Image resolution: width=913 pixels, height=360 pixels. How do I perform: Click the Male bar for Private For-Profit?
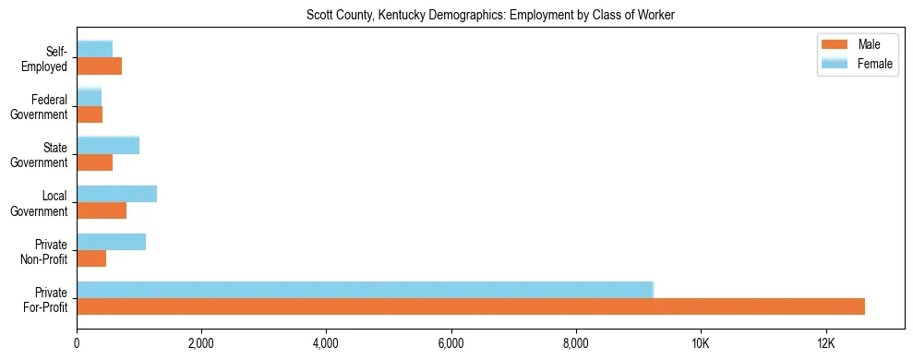471,306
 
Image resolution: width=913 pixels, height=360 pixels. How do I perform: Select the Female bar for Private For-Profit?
365,289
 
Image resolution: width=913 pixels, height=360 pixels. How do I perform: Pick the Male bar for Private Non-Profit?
91,258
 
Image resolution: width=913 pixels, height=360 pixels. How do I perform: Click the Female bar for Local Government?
116,194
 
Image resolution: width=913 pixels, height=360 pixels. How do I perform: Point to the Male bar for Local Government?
102,210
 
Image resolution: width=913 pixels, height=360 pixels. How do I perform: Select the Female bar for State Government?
108,145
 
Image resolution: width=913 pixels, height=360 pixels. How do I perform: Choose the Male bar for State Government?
94,162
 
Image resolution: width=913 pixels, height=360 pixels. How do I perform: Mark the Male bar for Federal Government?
90,114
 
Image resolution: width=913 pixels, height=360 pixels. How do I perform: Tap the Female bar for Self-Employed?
94,49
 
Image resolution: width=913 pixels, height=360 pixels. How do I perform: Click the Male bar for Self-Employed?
99,66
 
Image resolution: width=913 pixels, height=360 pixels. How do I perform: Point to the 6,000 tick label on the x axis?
450,344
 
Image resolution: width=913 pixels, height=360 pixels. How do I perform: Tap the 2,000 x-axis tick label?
200,344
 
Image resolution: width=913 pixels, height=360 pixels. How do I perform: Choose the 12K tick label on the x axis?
825,344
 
